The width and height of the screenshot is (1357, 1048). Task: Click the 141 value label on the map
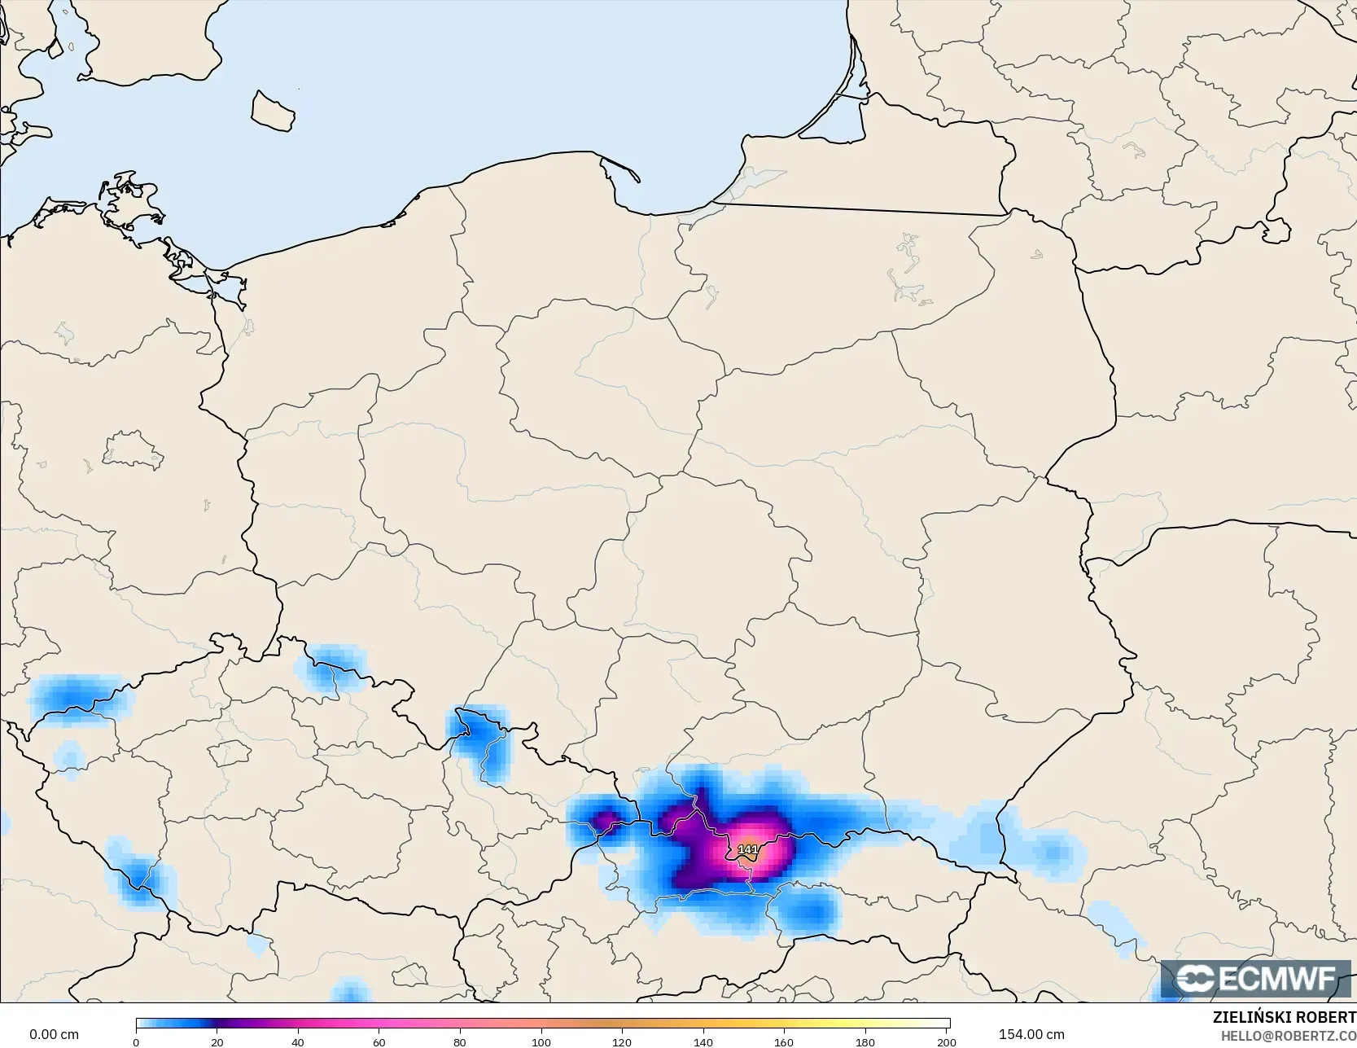point(747,849)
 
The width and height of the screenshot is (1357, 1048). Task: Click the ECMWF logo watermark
point(1256,978)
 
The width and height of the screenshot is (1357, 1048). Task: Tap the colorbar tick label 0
point(136,1042)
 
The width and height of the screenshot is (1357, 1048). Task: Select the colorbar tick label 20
point(217,1042)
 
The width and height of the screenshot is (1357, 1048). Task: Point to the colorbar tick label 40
point(298,1042)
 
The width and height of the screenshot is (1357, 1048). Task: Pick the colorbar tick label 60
point(379,1042)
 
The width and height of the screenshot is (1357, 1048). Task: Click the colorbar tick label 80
point(460,1042)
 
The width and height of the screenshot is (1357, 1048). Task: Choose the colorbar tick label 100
point(541,1042)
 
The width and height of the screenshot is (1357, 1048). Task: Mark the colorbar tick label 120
point(622,1042)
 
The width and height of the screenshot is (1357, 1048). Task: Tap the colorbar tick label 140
point(703,1042)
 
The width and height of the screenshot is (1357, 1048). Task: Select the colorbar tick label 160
point(784,1042)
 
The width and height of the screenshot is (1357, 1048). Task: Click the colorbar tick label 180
point(865,1042)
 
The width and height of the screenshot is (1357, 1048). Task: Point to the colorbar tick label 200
point(946,1042)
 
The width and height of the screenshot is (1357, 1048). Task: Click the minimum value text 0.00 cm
point(55,1034)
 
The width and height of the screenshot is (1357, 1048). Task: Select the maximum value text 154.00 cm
point(1031,1034)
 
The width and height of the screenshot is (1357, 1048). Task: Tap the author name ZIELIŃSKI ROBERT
point(1284,1017)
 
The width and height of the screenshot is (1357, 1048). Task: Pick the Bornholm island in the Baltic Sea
point(273,112)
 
